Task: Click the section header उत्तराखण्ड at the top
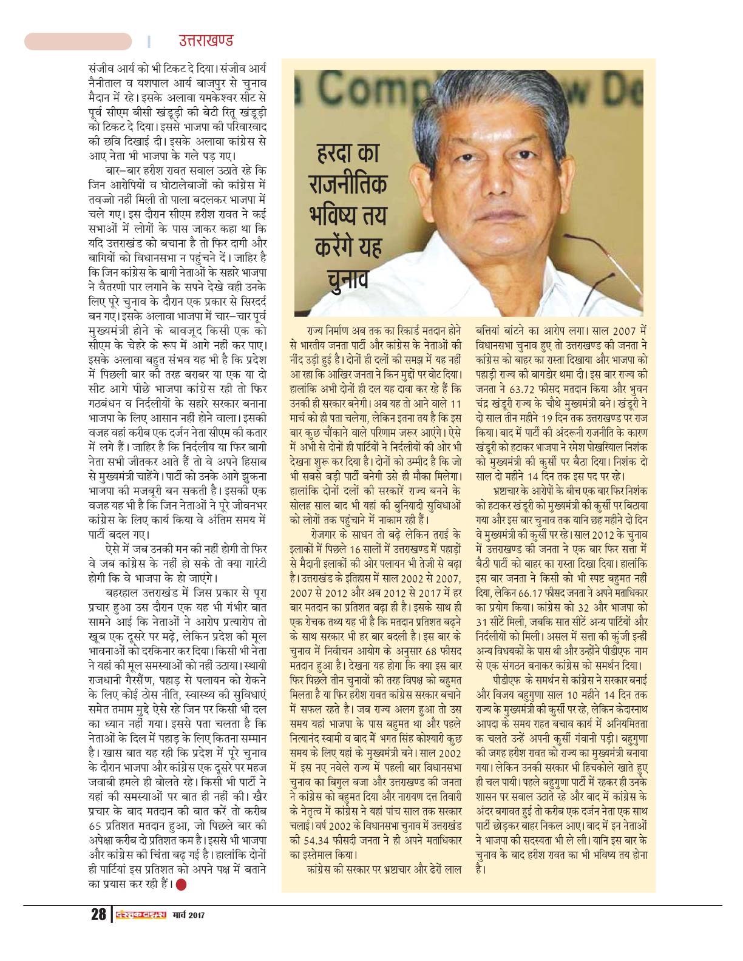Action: pos(205,41)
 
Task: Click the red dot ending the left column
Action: pos(182,884)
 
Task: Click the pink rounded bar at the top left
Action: pos(78,41)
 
